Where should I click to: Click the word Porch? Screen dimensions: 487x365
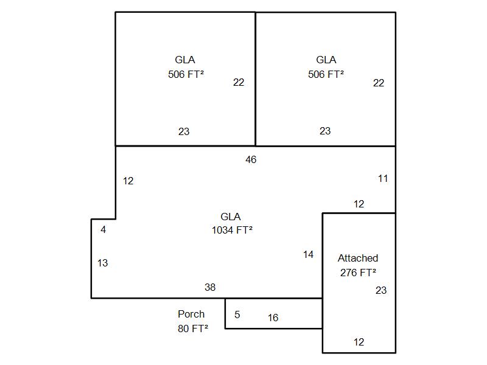click(x=191, y=314)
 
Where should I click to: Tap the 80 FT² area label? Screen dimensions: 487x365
click(x=193, y=328)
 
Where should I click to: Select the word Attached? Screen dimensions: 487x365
click(x=358, y=258)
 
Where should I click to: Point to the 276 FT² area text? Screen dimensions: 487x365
click(x=358, y=272)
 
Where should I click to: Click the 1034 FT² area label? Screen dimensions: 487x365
click(x=232, y=230)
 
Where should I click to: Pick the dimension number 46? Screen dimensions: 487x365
click(x=251, y=159)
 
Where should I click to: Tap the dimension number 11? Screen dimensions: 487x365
click(x=383, y=178)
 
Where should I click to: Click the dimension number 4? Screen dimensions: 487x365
click(x=103, y=229)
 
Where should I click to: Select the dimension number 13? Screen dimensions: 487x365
click(x=102, y=263)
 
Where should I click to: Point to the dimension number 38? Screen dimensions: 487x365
click(x=210, y=287)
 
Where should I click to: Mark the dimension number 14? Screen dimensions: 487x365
click(x=308, y=254)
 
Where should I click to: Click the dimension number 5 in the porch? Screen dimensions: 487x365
click(x=237, y=315)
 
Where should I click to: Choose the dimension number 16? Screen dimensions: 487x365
click(x=273, y=318)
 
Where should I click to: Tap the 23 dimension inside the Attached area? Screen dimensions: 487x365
click(x=381, y=290)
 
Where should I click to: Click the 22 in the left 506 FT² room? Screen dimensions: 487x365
click(x=239, y=82)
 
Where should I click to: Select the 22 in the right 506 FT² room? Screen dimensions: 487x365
click(x=379, y=83)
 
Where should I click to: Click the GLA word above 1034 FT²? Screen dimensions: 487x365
click(x=231, y=217)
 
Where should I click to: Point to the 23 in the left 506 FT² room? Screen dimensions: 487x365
click(x=184, y=131)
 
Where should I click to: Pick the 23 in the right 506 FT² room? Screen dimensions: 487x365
click(x=325, y=131)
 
